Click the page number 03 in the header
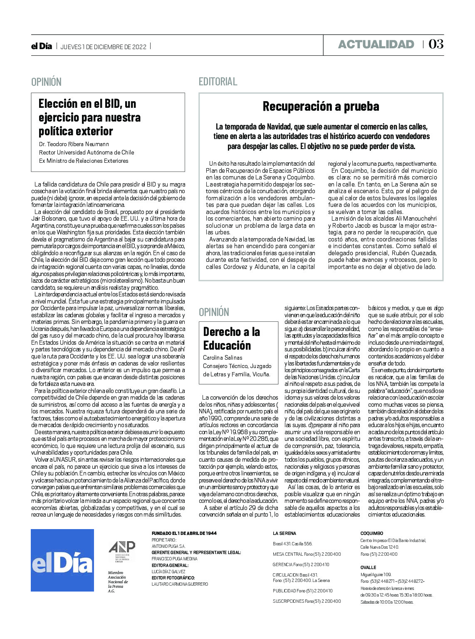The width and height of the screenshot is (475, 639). (436, 44)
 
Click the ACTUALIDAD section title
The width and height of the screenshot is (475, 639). (376, 45)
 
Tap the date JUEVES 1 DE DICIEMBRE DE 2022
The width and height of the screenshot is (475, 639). (104, 47)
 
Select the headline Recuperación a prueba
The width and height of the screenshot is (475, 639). (321, 107)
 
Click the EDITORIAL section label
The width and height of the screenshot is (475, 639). (218, 82)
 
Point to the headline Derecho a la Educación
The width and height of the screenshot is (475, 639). (231, 338)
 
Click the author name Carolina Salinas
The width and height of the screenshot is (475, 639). (223, 358)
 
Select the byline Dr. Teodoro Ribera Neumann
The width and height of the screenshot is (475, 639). (74, 144)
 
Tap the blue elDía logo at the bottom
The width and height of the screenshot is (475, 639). (62, 560)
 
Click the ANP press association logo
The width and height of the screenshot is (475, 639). (122, 552)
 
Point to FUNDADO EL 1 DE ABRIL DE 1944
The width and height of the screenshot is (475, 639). (184, 533)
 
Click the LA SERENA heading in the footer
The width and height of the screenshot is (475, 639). (285, 533)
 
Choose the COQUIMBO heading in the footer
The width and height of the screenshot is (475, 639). (371, 533)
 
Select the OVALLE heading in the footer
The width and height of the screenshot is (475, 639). (368, 567)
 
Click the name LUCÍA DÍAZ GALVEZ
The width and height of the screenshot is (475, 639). (168, 572)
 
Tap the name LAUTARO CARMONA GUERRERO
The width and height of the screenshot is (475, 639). (180, 584)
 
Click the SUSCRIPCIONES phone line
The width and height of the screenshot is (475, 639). (307, 601)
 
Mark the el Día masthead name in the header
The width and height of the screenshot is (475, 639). (42, 46)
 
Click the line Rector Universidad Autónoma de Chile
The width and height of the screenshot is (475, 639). (87, 152)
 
